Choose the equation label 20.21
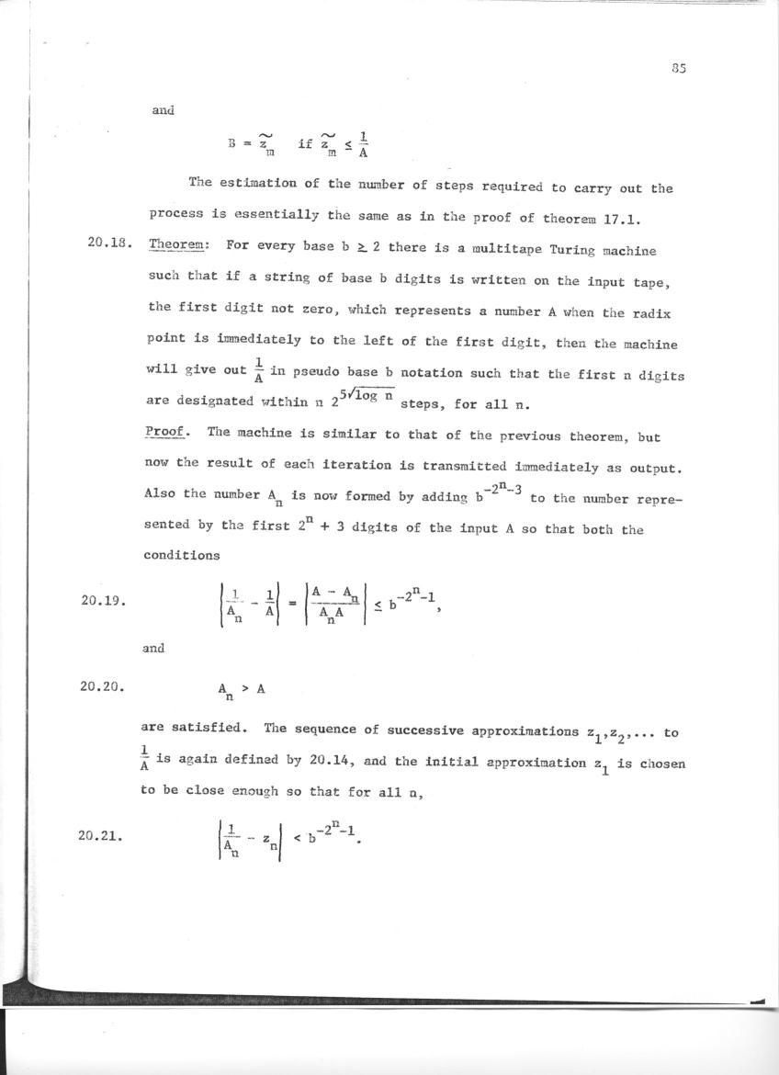tap(103, 838)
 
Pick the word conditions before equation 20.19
tap(181, 556)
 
